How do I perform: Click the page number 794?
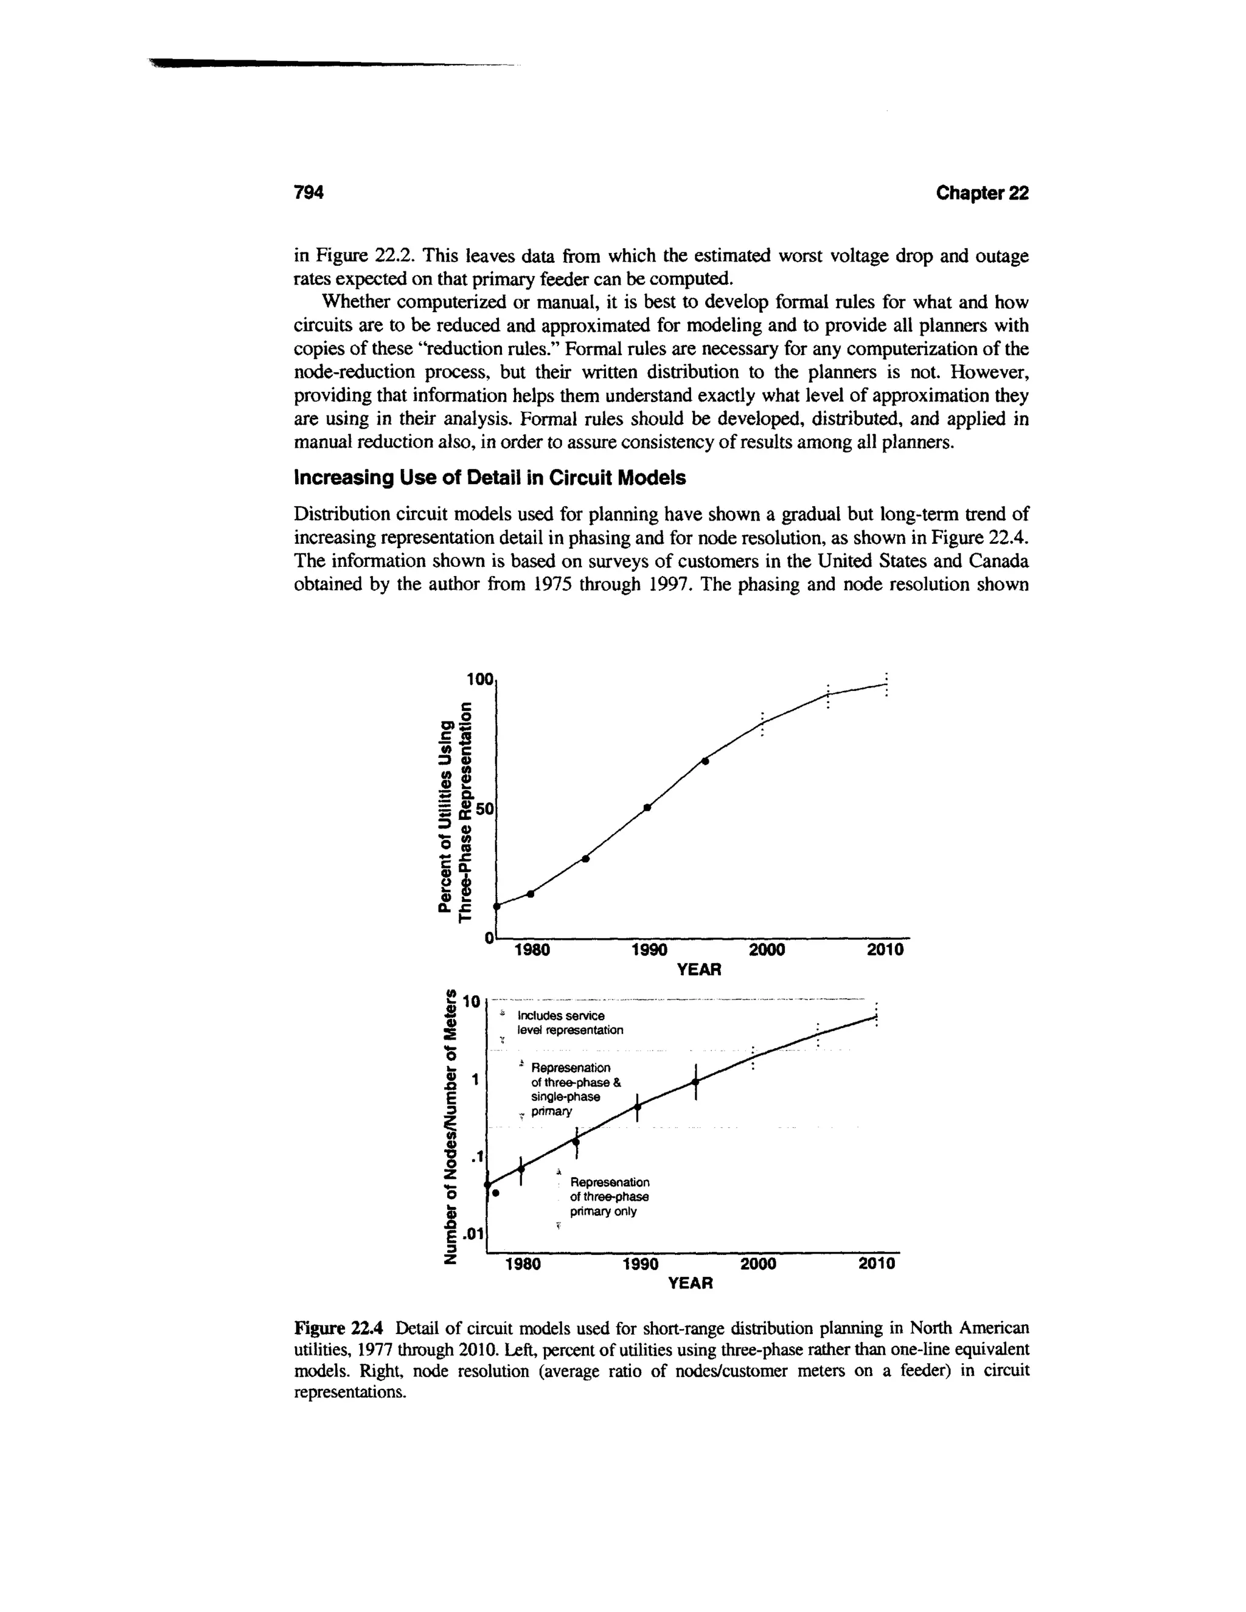309,193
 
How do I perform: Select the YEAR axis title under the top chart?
698,970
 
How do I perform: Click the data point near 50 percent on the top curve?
647,807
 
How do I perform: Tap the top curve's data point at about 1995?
705,761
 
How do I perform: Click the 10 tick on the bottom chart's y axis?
472,1002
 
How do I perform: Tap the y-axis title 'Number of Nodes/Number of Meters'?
447,1127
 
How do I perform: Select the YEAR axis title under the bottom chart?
689,1284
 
